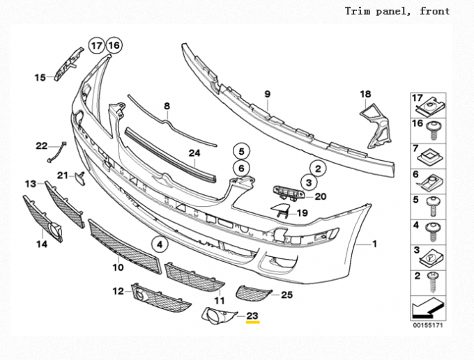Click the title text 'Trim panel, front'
click(397, 11)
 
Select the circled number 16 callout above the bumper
click(113, 46)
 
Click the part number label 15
click(40, 77)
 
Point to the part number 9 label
click(266, 93)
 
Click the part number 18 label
click(366, 94)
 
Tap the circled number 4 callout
click(160, 244)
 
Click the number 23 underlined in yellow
click(252, 315)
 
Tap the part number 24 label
click(194, 152)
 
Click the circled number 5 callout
click(240, 150)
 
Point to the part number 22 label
click(42, 146)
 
